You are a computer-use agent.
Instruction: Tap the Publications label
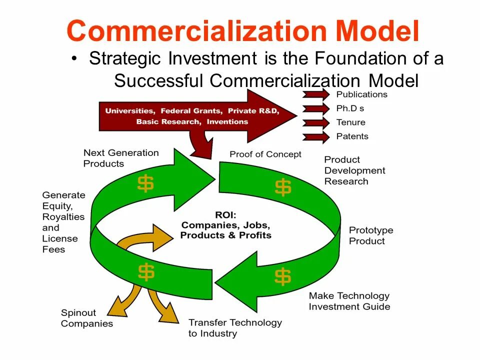[x=361, y=94]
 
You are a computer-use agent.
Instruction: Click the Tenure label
[x=350, y=122]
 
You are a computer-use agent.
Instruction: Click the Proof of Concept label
[x=265, y=154]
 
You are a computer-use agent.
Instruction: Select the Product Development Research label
[x=354, y=170]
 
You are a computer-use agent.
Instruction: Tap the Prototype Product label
[x=371, y=235]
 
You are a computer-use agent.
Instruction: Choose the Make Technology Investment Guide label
[x=349, y=301]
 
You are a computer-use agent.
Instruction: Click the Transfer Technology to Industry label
[x=235, y=328]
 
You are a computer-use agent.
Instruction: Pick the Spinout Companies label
[x=86, y=318]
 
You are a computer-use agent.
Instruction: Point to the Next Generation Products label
[x=120, y=158]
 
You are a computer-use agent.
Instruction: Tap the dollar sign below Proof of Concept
[x=283, y=187]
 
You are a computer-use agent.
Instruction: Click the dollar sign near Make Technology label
[x=282, y=276]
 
